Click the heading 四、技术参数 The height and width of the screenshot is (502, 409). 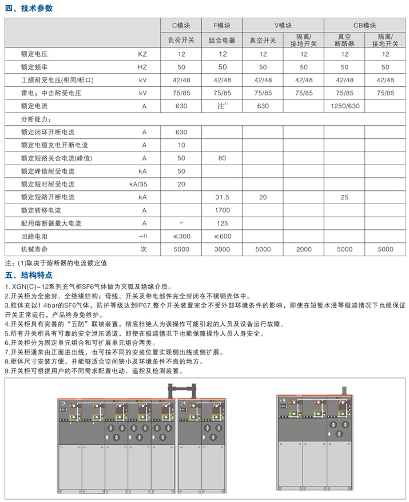click(29, 8)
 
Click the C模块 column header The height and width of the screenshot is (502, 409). click(181, 25)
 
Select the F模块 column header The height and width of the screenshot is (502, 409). click(222, 25)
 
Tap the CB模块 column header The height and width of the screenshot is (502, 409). click(365, 25)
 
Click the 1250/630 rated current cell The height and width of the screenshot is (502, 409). click(344, 106)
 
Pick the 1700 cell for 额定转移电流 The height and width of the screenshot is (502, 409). click(222, 210)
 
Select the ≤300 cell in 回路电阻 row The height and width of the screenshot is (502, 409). click(181, 236)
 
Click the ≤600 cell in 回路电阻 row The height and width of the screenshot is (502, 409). click(222, 236)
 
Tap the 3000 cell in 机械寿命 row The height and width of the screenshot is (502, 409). click(222, 249)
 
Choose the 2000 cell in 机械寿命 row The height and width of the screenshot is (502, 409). click(304, 249)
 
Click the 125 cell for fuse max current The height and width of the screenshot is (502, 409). click(222, 223)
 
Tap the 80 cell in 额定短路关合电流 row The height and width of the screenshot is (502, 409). click(222, 158)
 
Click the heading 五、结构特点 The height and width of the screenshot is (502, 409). click(29, 275)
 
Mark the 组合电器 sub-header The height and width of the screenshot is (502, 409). click(222, 41)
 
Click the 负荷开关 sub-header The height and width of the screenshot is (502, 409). click(181, 41)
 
